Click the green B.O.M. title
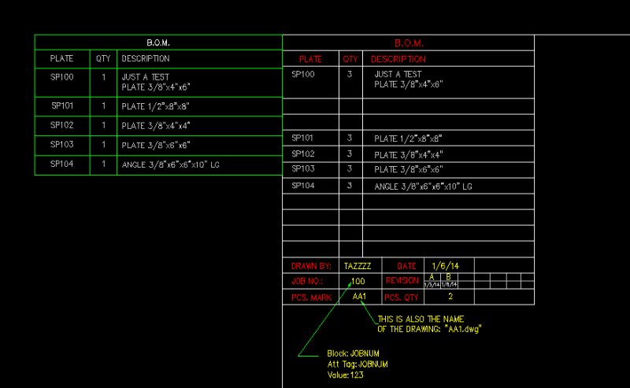click(x=158, y=42)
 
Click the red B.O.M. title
click(x=409, y=43)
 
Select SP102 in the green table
click(x=62, y=125)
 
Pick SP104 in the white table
click(x=303, y=186)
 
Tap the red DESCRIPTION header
click(x=398, y=59)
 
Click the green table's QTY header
click(x=103, y=58)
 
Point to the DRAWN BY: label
click(x=311, y=266)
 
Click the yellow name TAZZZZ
click(x=358, y=266)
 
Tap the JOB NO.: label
click(x=308, y=281)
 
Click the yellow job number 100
click(x=358, y=281)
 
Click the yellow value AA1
click(x=359, y=297)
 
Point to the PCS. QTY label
click(x=402, y=297)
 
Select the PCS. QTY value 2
click(x=450, y=297)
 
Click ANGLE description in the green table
click(x=165, y=165)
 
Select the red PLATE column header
click(x=310, y=59)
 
